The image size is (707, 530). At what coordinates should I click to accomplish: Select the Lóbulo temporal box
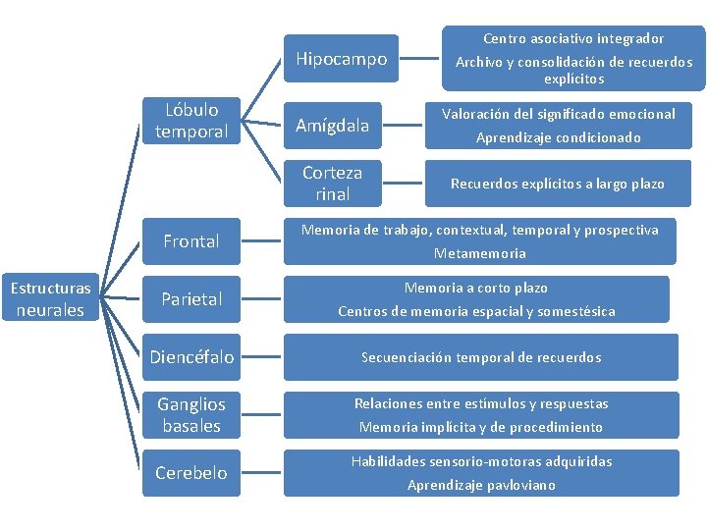tap(191, 121)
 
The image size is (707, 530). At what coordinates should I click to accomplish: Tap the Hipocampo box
tap(342, 60)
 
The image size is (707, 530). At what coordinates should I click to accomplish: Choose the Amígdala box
tap(333, 125)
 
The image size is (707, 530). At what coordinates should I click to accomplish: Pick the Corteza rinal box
tap(333, 184)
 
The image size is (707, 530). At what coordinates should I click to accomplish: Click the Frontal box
tap(191, 241)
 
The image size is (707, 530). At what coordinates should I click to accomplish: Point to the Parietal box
tap(191, 298)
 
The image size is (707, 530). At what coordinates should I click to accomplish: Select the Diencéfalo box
tap(191, 357)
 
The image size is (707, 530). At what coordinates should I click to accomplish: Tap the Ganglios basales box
tap(191, 415)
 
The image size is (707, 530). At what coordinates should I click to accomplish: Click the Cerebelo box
tap(191, 473)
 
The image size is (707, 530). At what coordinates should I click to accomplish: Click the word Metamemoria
tap(480, 253)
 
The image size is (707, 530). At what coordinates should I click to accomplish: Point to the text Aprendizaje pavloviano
tap(480, 485)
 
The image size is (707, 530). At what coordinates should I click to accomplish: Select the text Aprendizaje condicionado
tap(558, 138)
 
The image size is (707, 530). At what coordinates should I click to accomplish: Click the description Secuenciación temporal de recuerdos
tap(480, 357)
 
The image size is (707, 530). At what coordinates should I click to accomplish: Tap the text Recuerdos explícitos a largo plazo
tap(558, 184)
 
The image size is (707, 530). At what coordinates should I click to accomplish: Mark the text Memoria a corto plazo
tap(476, 288)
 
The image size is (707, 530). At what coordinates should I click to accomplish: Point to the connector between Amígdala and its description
tap(403, 125)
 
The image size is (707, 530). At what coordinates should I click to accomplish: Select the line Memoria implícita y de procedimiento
tap(480, 427)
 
